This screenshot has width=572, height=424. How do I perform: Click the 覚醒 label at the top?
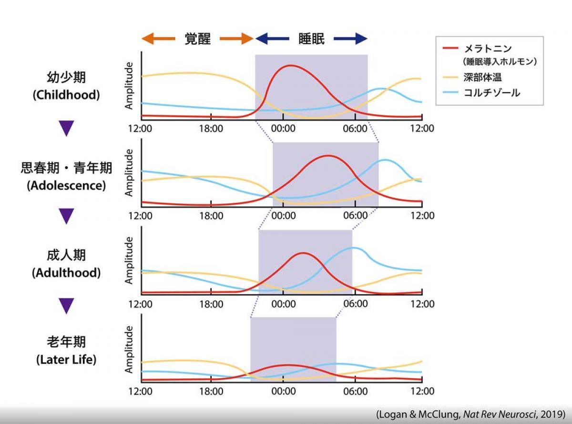pos(198,39)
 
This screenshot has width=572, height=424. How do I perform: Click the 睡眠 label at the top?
pos(311,39)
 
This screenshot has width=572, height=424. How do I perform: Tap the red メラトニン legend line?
pos(450,48)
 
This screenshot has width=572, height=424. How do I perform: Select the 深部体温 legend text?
pos(482,77)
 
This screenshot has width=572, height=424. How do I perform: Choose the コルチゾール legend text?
pos(491,93)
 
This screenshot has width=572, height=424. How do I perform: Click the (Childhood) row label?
pos(66,95)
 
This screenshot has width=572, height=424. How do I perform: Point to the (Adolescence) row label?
pos(66,185)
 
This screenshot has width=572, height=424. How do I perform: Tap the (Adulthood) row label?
pos(66,273)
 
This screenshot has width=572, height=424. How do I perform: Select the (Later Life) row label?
pos(66,360)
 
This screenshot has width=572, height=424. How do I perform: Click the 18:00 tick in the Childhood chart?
pos(211,128)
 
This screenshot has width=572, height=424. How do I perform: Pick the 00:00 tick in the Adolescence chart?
pos(284,215)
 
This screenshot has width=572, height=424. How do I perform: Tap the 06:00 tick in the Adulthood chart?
pos(356,303)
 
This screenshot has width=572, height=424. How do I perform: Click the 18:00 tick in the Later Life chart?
pos(211,391)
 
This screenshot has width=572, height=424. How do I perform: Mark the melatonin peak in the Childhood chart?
pos(291,65)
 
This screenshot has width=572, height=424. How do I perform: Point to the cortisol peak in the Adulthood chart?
pos(354,248)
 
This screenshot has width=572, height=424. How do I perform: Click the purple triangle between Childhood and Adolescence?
pos(67,128)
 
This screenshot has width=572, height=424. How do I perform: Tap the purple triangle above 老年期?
pos(67,305)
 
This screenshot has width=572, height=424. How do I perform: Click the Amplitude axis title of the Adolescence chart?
pos(129,172)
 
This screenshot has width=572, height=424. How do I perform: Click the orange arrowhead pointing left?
pos(147,39)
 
